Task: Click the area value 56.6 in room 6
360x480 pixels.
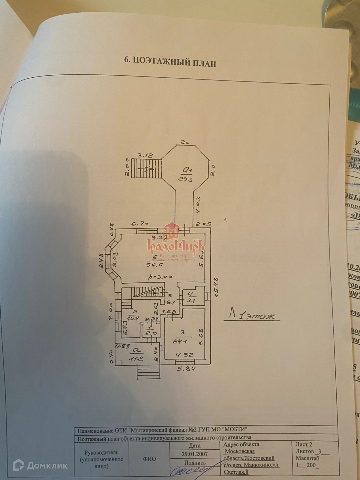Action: tap(154, 265)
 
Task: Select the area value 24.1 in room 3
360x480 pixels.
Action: tap(180, 341)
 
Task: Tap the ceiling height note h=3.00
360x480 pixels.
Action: tap(161, 277)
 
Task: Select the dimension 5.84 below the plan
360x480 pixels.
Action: tap(186, 369)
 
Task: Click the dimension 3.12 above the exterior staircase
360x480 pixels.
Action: tap(146, 155)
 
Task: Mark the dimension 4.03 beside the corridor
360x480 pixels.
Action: tap(198, 206)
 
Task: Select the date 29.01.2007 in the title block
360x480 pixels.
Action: tap(195, 454)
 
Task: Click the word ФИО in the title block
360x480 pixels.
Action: tap(149, 459)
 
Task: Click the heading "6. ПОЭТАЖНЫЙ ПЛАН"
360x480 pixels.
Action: tap(170, 62)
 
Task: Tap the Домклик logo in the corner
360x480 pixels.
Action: tap(40, 465)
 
